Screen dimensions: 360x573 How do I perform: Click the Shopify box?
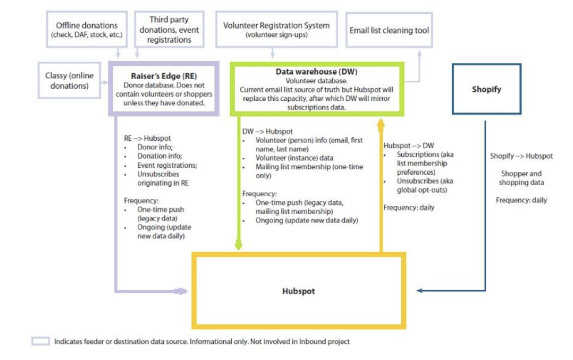[487, 89]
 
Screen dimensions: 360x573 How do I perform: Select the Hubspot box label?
[299, 291]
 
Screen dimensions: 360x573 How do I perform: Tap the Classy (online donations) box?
[67, 81]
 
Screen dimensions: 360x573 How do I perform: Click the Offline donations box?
[86, 29]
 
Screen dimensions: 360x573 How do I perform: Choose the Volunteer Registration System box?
[276, 29]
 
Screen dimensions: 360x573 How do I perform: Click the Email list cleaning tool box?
[389, 30]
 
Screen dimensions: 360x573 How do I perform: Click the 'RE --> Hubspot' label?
[147, 138]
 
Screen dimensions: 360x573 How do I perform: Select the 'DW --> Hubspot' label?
[267, 132]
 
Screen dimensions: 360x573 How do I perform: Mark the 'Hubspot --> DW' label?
[409, 145]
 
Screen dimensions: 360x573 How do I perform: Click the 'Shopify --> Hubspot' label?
[521, 156]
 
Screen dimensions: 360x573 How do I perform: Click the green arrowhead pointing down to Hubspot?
[239, 245]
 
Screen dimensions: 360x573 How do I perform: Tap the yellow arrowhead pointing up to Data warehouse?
[381, 123]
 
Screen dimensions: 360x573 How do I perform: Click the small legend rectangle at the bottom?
[40, 341]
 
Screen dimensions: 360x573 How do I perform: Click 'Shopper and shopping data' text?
[521, 178]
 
